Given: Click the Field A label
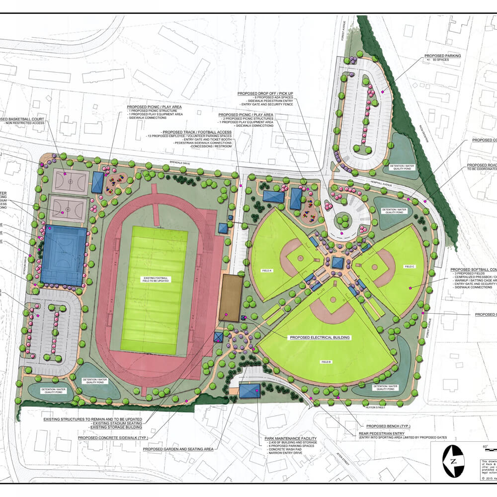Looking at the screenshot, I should tap(267, 270).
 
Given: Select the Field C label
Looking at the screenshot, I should tap(410, 266).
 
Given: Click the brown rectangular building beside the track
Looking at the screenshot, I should tap(230, 297).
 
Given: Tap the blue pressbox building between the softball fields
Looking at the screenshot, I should tap(338, 262).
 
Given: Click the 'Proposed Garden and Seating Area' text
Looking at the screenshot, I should tap(178, 449).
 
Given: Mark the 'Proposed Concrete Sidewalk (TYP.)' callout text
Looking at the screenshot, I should tap(112, 438).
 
